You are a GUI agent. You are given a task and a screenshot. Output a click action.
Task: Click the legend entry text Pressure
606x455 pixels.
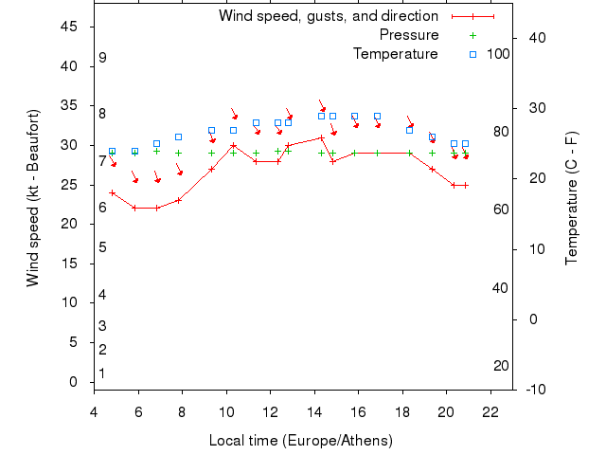click(x=409, y=35)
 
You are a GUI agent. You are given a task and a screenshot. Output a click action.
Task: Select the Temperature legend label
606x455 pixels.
click(x=396, y=54)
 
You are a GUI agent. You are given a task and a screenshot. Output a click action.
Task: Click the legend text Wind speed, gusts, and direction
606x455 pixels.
click(x=329, y=16)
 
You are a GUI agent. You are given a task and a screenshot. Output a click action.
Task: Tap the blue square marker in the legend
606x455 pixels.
click(x=472, y=54)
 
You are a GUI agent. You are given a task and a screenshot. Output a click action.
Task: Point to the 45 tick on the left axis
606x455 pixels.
click(x=69, y=27)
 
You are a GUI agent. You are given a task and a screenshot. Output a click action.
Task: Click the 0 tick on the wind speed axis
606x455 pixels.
click(x=74, y=382)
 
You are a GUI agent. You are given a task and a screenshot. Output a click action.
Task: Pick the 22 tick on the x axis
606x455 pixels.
click(x=490, y=412)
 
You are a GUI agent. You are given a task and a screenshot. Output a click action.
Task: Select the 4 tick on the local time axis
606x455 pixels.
click(x=94, y=412)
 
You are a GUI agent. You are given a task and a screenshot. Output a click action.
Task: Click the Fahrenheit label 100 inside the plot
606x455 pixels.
click(x=498, y=54)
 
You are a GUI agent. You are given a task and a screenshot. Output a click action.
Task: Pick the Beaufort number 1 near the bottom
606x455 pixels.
click(x=102, y=373)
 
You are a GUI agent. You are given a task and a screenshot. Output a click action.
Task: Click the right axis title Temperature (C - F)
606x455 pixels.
click(x=571, y=197)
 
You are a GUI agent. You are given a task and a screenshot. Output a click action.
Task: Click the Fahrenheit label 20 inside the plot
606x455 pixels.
click(x=501, y=366)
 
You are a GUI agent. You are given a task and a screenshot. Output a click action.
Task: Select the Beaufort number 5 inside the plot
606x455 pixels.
click(x=102, y=247)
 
